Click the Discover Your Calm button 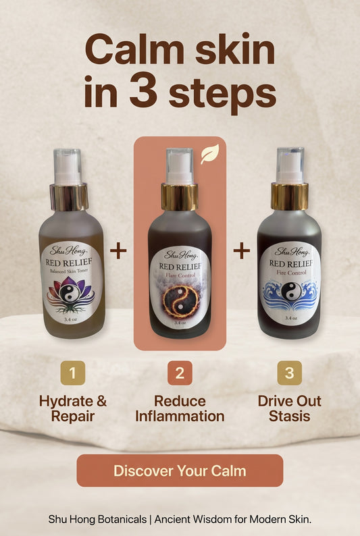180,471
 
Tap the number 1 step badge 72,373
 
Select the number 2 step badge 180,373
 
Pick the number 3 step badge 290,373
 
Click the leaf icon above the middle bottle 210,155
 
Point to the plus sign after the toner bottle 118,251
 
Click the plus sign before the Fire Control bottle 241,251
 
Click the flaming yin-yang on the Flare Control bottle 180,301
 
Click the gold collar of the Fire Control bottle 290,196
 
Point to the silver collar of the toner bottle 69,197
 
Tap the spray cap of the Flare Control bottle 180,167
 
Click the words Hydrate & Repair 73,408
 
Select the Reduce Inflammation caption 180,408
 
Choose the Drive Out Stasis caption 290,408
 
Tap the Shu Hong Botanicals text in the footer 97,520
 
